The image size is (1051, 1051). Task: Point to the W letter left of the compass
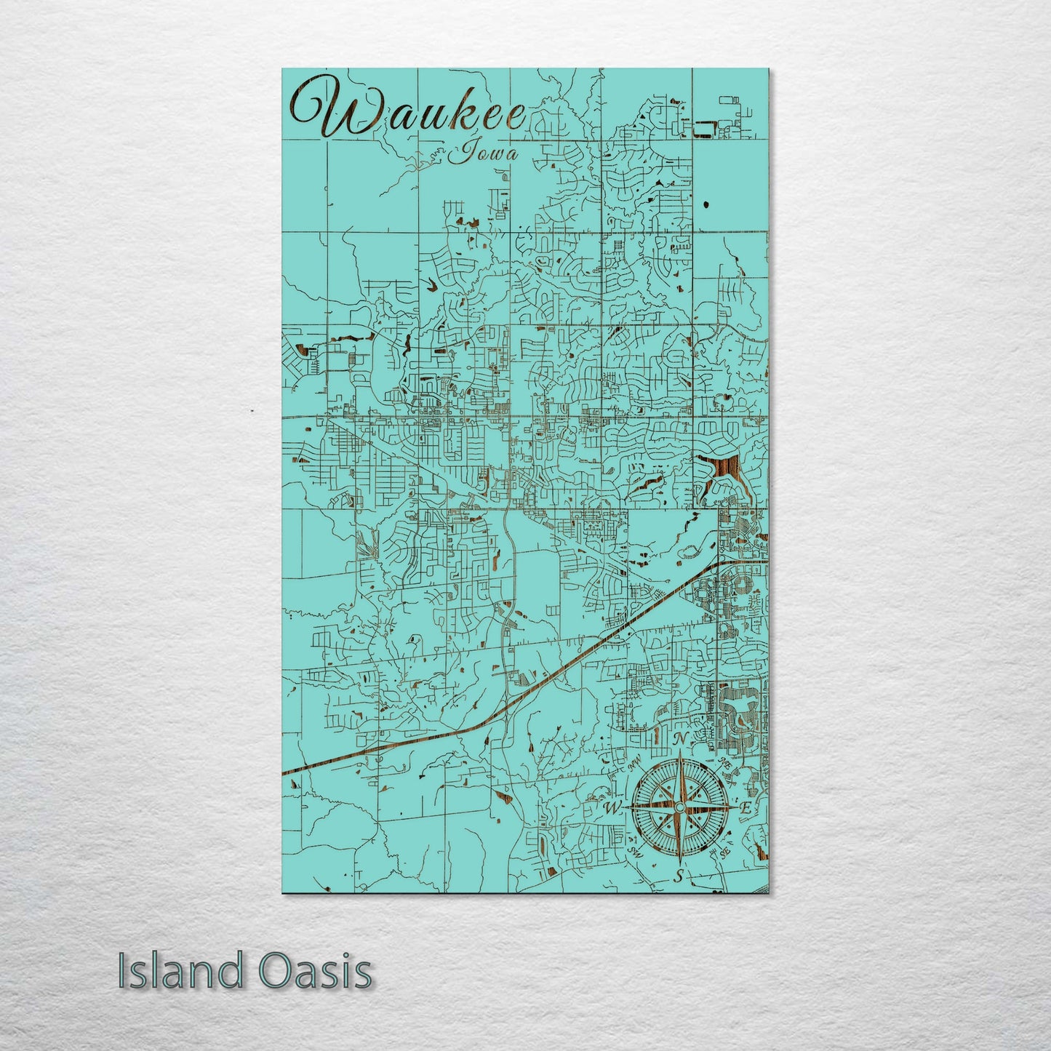coord(612,808)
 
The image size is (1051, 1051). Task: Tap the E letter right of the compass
coord(745,808)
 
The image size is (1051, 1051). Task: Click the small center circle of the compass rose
coord(679,807)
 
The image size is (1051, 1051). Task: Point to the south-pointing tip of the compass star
coord(679,862)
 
